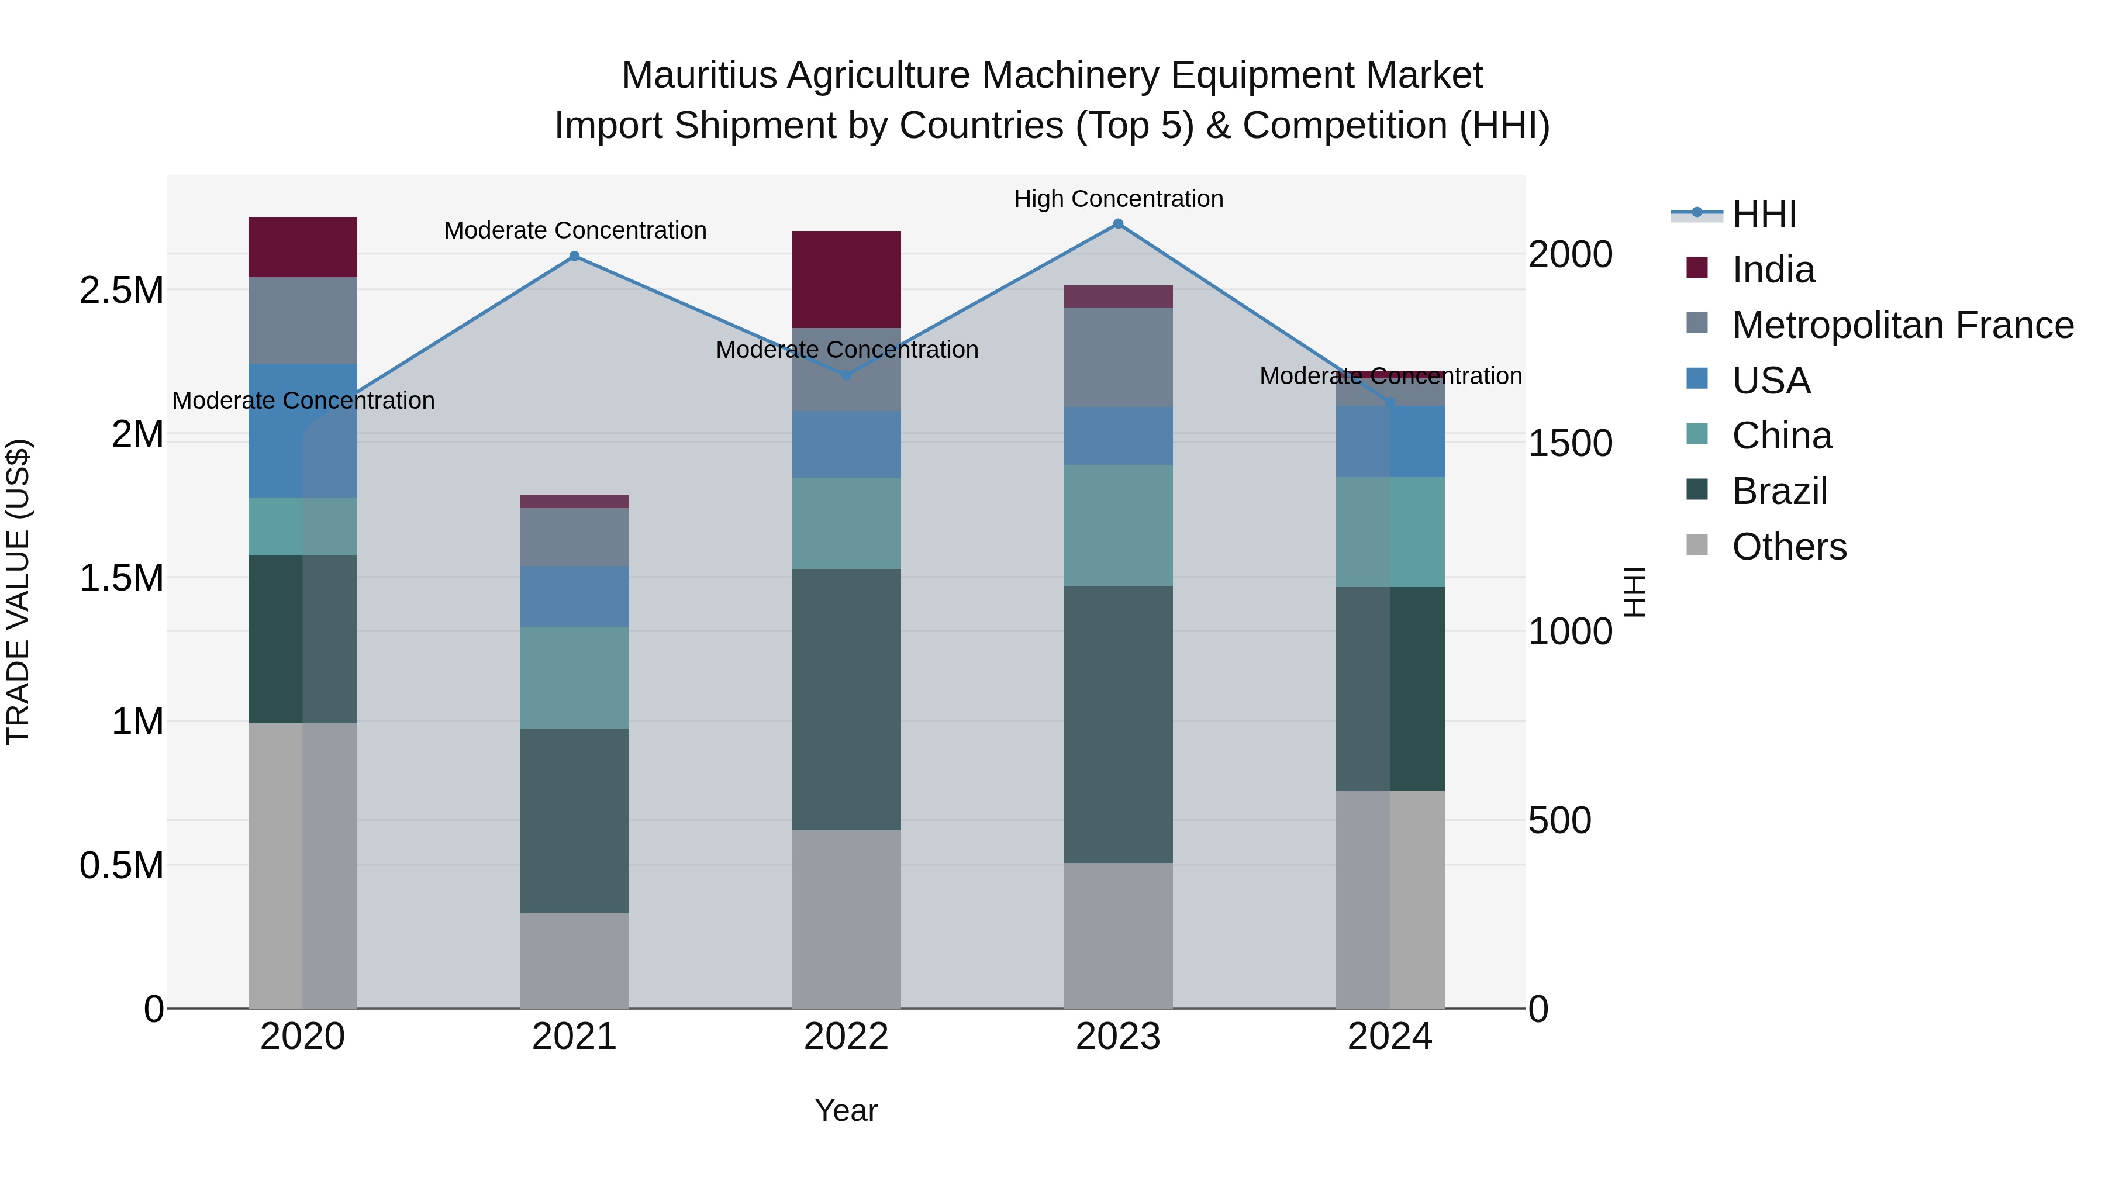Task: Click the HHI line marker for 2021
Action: pos(574,256)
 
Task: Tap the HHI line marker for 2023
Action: pos(1118,224)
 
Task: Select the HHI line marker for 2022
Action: pos(847,375)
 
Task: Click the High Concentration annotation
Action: pos(1118,199)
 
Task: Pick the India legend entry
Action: pos(1773,270)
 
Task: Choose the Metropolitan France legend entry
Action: pos(1902,325)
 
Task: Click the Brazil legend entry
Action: pos(1780,491)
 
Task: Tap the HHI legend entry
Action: pos(1764,214)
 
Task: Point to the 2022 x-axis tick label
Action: pos(847,1037)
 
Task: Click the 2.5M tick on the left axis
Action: pos(122,290)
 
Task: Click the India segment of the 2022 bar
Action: pos(847,279)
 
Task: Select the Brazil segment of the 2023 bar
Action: pos(1118,724)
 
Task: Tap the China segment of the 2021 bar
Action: pos(574,678)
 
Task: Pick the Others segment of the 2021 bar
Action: pos(574,960)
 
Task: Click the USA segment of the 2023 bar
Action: pos(1118,436)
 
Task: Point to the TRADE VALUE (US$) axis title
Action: pos(18,592)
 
